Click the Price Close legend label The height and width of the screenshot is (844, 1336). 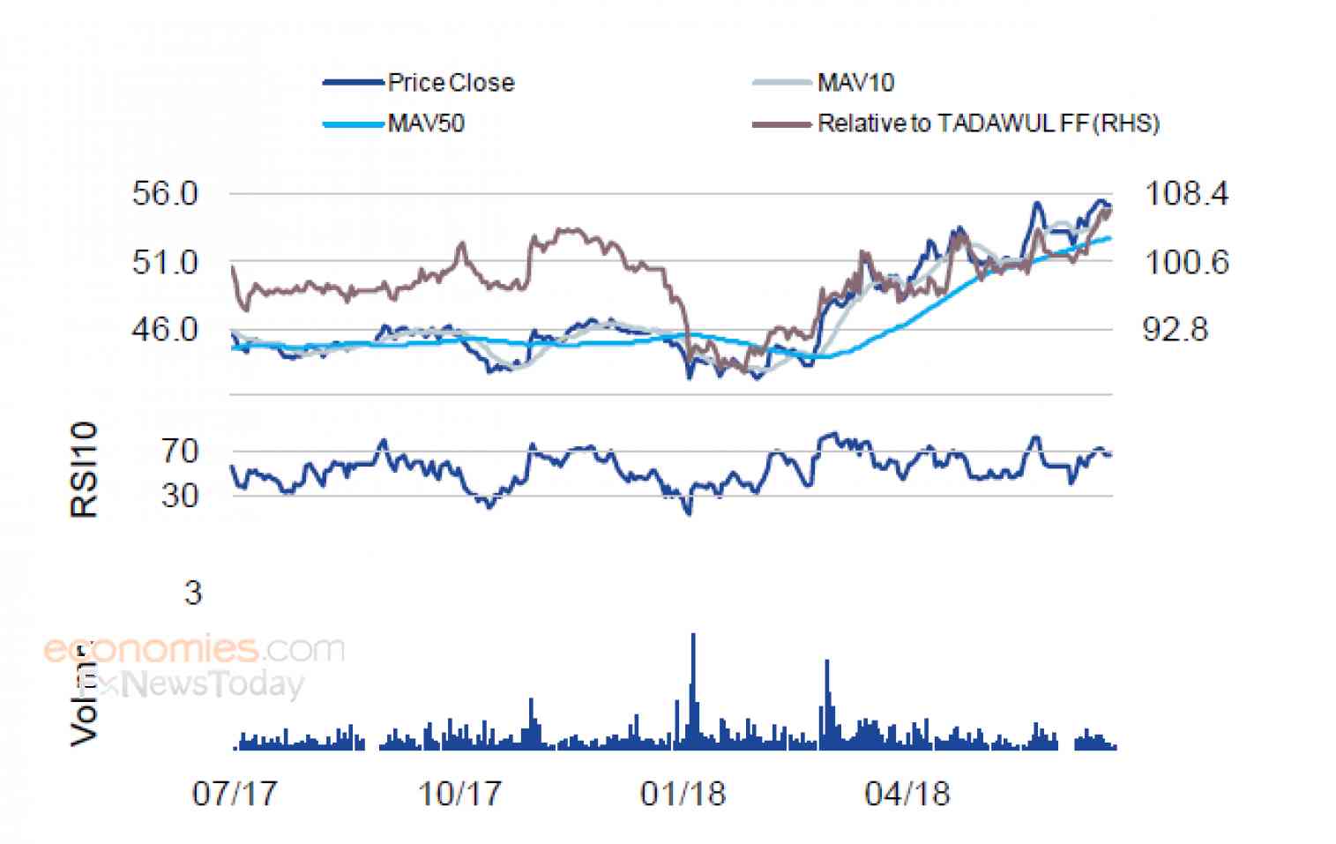coord(451,83)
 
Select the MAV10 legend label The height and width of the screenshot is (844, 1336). coord(855,83)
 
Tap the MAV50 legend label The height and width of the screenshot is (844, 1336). coord(426,123)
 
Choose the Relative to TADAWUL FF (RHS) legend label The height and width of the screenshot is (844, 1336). coord(988,123)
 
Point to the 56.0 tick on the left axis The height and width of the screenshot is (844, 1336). coord(165,193)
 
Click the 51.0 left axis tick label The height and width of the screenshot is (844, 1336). coord(165,262)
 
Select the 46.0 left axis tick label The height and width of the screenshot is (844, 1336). coord(165,330)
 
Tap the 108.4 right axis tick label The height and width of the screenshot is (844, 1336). coord(1185,193)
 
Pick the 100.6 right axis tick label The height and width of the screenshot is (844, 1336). coord(1185,262)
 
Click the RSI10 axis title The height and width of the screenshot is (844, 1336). coord(84,469)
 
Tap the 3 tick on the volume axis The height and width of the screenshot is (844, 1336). coord(192,593)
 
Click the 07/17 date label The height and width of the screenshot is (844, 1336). coord(234,794)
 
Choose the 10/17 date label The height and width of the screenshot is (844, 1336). coord(459,794)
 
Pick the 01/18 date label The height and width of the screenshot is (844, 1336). coord(683,794)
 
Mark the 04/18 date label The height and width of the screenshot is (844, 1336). coord(907,794)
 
